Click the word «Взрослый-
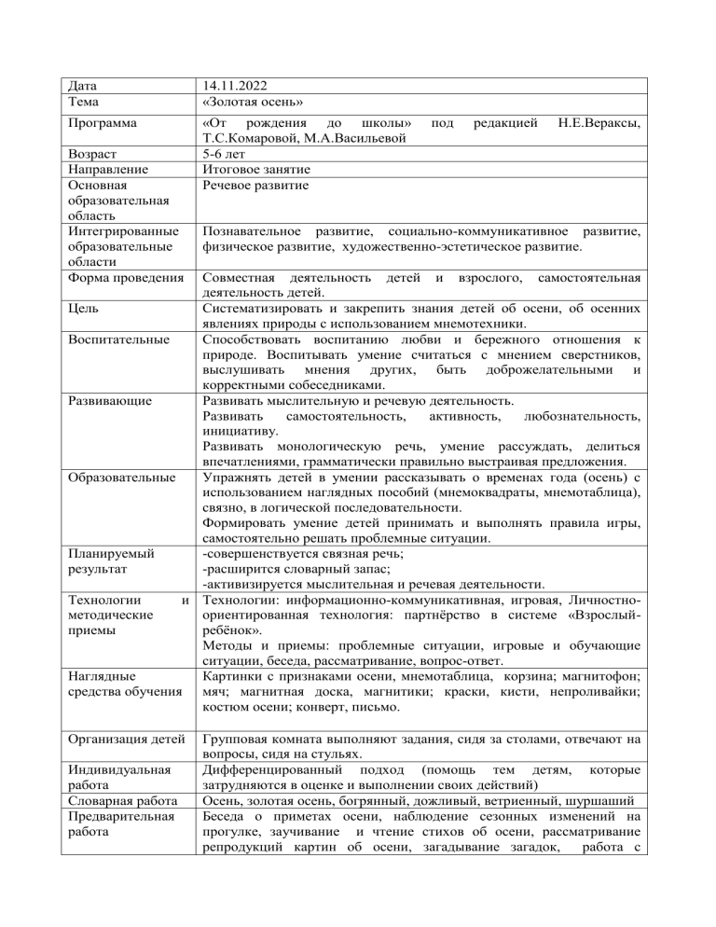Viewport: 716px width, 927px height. click(596, 605)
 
